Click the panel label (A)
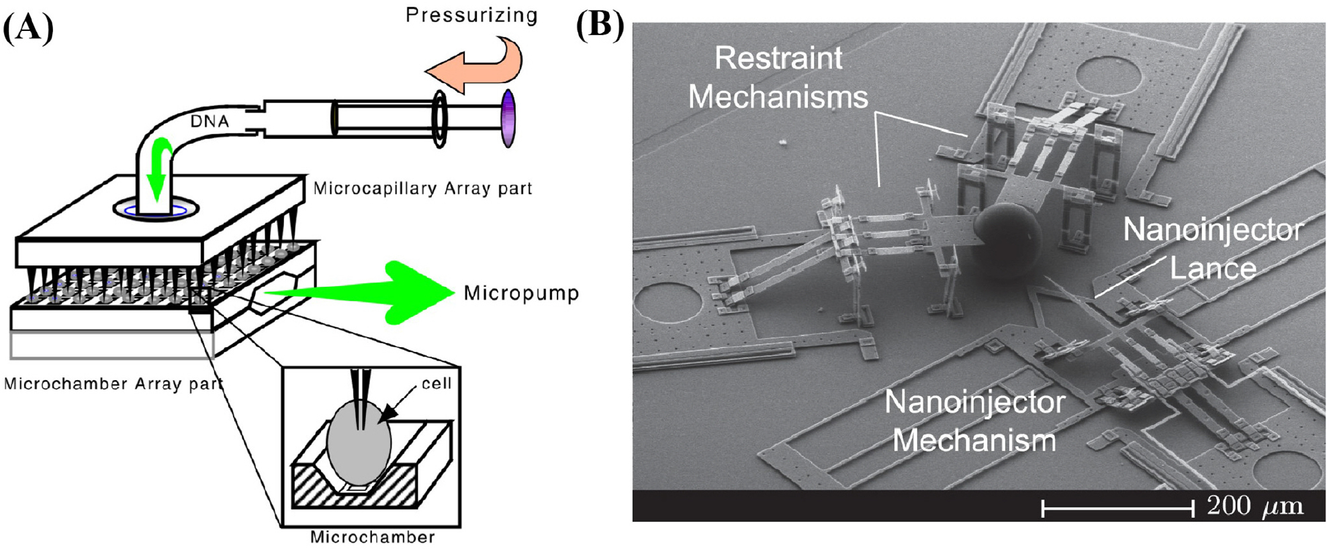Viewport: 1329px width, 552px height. [28, 28]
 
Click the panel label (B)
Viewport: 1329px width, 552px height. [600, 26]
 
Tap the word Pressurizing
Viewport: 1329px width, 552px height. [471, 15]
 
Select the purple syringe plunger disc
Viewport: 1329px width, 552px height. [508, 119]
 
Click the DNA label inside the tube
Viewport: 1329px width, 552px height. [210, 122]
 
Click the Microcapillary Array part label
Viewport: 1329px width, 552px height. [422, 189]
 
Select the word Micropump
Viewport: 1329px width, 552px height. [521, 293]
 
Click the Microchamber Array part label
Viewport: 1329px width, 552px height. [113, 384]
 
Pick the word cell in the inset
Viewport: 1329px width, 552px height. [436, 383]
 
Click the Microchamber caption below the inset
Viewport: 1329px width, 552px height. [372, 537]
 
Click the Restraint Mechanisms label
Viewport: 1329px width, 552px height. [778, 78]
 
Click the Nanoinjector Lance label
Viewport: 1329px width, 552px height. [1213, 249]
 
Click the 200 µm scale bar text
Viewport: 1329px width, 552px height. [1254, 506]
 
